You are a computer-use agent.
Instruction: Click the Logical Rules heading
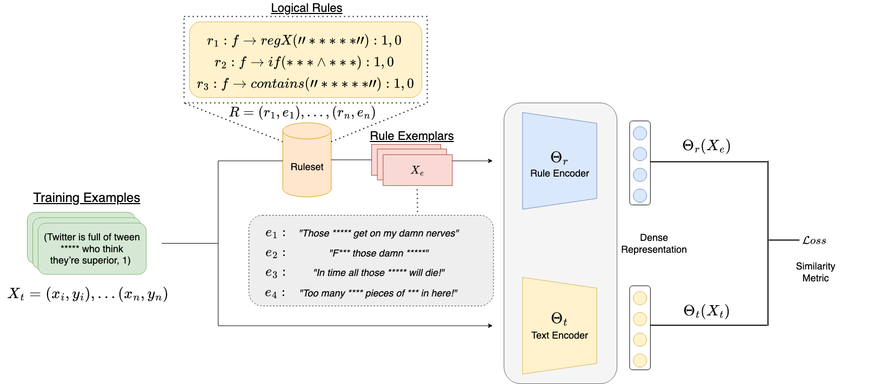point(306,8)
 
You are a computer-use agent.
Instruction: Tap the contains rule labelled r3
point(305,84)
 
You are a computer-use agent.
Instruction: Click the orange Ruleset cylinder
point(306,162)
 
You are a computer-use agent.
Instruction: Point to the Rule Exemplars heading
point(411,136)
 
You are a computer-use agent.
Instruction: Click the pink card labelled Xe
point(417,171)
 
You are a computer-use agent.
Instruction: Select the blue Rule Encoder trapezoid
point(559,161)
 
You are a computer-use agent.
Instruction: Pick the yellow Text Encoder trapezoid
point(559,326)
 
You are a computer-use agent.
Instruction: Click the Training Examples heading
point(86,198)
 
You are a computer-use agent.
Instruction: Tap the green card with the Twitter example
point(92,248)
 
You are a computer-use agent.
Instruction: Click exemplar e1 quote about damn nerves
point(378,233)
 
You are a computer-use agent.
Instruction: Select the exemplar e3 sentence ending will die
point(378,273)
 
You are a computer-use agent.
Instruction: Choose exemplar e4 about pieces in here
point(378,293)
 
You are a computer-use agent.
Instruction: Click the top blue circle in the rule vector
point(640,133)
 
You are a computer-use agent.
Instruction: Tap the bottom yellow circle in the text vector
point(640,360)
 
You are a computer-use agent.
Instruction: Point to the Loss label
point(814,240)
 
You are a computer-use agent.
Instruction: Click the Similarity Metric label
point(815,272)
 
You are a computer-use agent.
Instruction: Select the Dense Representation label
point(653,244)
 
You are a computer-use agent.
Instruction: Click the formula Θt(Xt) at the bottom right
point(706,311)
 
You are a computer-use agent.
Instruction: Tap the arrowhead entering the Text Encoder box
point(490,326)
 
